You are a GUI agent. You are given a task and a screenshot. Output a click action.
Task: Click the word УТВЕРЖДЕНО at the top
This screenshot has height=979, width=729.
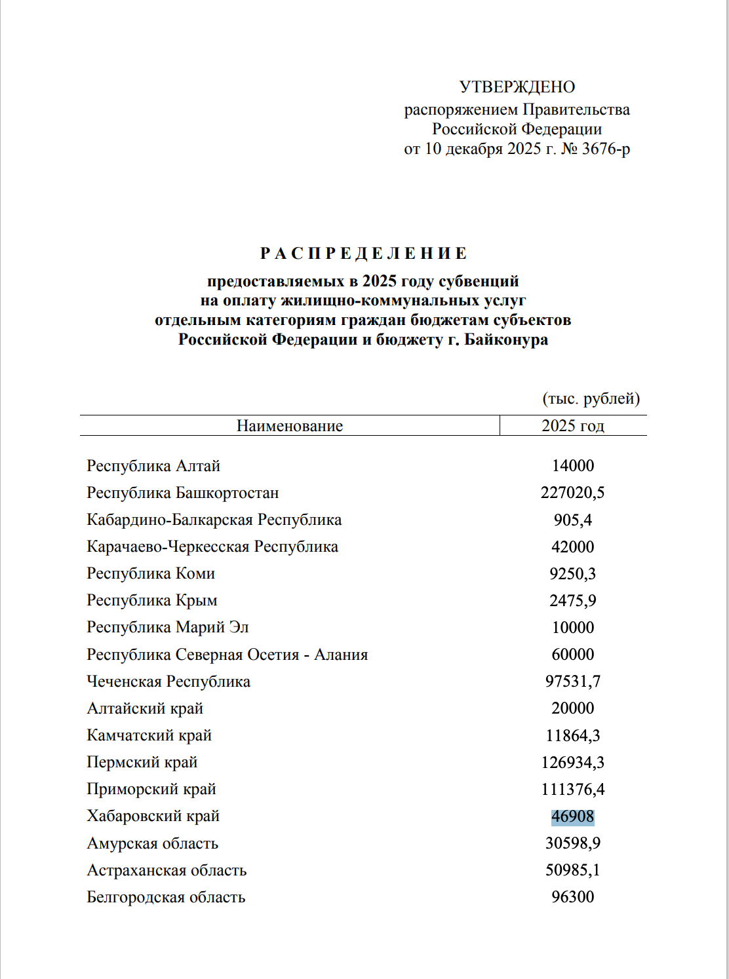coord(517,87)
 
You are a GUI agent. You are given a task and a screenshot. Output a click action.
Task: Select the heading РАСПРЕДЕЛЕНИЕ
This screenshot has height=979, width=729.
coord(364,254)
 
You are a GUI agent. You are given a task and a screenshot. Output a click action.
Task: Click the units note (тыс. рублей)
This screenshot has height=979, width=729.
coord(591,398)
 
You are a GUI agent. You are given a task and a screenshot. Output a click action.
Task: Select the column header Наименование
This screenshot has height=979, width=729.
coord(289,426)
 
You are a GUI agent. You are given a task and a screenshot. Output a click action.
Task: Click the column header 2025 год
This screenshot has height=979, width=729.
coord(572,426)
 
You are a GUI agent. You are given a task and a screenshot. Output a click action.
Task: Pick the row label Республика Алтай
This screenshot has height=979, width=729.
coord(153,466)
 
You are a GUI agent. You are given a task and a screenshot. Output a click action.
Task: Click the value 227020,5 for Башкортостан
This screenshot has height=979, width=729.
coord(572,493)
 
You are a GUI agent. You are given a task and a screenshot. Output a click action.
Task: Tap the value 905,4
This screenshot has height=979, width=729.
coord(572,520)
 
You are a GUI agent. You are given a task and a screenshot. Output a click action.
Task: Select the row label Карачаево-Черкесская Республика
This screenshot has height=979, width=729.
coord(212,547)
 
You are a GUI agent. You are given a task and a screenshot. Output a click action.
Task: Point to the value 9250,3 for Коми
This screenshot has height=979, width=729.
coord(572,574)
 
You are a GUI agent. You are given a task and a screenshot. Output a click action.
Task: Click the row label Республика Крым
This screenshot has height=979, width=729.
coord(152,600)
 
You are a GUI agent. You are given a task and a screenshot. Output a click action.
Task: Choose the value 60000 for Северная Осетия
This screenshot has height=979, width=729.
coord(572,655)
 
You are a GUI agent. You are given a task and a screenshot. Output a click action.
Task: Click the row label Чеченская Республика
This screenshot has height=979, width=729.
coord(168,681)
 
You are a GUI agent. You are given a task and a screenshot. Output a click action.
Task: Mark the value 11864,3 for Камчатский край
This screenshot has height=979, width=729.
coord(572,736)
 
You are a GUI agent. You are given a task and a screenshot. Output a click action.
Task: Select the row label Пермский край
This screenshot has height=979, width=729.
coord(142,762)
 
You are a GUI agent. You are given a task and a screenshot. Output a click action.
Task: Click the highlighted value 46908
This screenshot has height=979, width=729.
coord(572,817)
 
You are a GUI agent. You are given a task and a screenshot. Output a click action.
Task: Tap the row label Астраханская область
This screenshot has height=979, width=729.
coord(167,870)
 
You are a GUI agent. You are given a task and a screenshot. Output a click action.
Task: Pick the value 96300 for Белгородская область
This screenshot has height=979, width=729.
coord(572,897)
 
